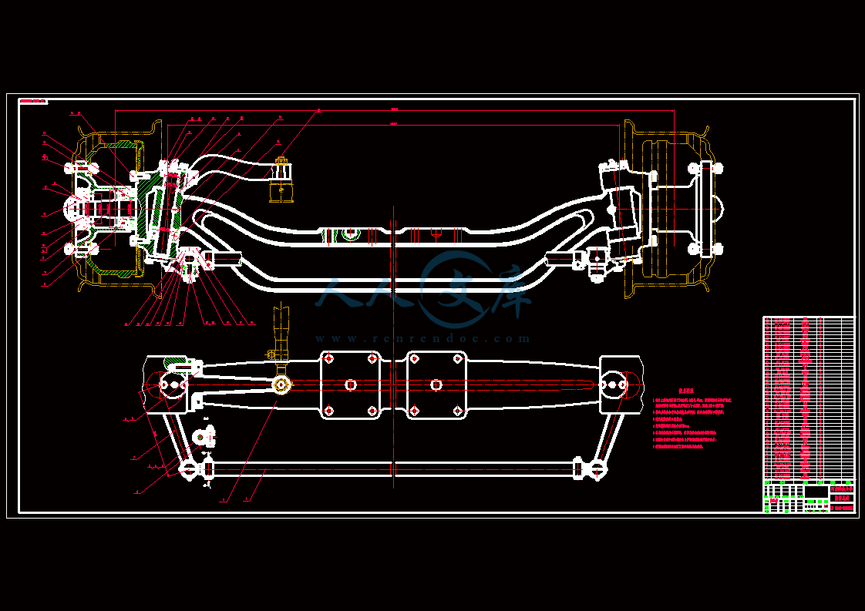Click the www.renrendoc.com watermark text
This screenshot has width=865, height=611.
[422, 338]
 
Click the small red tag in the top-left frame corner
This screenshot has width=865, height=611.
[33, 101]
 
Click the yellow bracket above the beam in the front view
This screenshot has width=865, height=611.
[281, 182]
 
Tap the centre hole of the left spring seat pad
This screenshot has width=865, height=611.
[351, 384]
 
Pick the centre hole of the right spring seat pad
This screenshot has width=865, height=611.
[436, 384]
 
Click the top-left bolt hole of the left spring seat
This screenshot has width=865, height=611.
[329, 359]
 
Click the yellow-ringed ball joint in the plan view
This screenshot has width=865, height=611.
[281, 384]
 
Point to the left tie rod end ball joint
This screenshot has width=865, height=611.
[188, 468]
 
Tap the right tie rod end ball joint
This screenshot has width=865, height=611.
[597, 468]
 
